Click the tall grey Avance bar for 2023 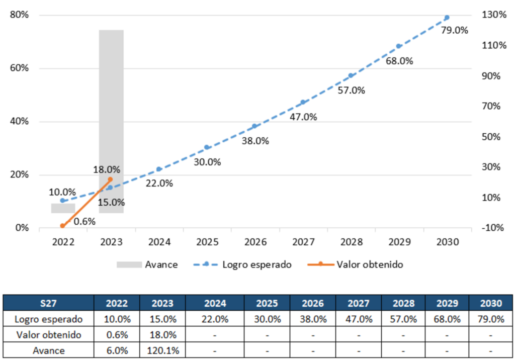111,122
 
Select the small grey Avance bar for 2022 63,208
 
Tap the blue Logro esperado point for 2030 447,18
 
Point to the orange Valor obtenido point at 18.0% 110,179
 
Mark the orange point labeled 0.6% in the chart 62,226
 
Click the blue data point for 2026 254,126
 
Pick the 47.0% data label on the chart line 303,117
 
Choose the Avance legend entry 147,264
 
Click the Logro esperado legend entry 242,264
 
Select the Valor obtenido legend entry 355,264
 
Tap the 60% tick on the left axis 20,68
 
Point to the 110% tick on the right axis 494,45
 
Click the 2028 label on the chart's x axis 352,242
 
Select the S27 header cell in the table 48,303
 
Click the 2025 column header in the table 267,303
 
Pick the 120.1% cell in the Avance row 163,350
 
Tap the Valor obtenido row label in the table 49,335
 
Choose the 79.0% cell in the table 491,319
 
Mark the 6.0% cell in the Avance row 117,350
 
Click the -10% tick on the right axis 492,228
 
